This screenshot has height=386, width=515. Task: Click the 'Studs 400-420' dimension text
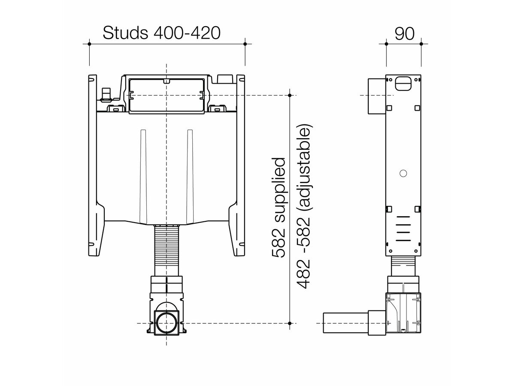(161, 33)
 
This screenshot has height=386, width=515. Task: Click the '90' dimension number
(404, 33)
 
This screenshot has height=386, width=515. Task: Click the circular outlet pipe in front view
(166, 323)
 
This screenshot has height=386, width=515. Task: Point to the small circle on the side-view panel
(403, 173)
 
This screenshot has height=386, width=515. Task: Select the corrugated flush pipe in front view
(166, 251)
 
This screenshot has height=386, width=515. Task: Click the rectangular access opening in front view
(166, 95)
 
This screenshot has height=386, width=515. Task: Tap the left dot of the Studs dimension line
(89, 44)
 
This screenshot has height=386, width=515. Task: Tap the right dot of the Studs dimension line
(245, 44)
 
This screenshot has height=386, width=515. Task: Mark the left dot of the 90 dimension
(386, 44)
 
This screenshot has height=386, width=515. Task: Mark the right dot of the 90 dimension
(421, 44)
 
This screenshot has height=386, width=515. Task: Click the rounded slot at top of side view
(403, 83)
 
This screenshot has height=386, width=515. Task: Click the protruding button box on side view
(376, 96)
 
